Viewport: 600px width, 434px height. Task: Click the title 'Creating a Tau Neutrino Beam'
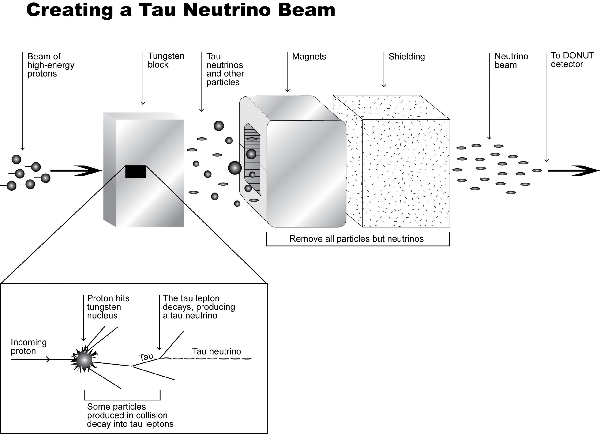pyautogui.click(x=181, y=10)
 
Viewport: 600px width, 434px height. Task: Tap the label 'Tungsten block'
pyautogui.click(x=166, y=60)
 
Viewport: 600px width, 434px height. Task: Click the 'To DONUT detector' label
pyautogui.click(x=572, y=60)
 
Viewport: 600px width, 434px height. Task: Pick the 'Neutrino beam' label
pyautogui.click(x=511, y=60)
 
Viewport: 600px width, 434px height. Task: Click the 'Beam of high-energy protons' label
pyautogui.click(x=51, y=65)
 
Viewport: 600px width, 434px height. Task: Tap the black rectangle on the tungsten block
pyautogui.click(x=135, y=171)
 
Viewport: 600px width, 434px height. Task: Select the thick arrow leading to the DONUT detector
pyautogui.click(x=573, y=171)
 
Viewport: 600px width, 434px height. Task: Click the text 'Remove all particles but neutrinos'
pyautogui.click(x=356, y=239)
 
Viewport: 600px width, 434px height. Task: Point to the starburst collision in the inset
pyautogui.click(x=84, y=360)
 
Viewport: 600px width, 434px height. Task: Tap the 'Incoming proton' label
pyautogui.click(x=29, y=347)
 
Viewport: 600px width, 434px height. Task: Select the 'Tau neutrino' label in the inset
pyautogui.click(x=216, y=351)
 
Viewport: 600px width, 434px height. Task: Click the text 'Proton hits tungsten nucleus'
pyautogui.click(x=108, y=307)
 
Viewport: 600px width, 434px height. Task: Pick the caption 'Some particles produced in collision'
pyautogui.click(x=127, y=411)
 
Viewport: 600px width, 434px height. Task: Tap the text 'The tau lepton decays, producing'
pyautogui.click(x=199, y=303)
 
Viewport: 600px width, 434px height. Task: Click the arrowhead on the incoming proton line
pyautogui.click(x=48, y=359)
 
